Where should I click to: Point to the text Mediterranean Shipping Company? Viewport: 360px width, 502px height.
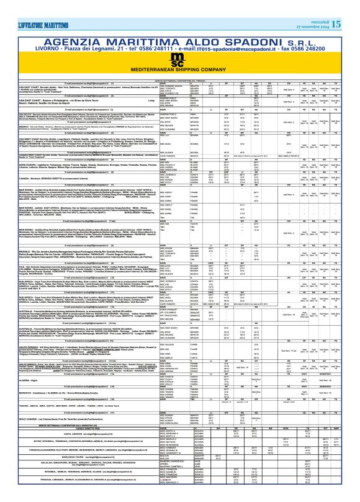[179, 63]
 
